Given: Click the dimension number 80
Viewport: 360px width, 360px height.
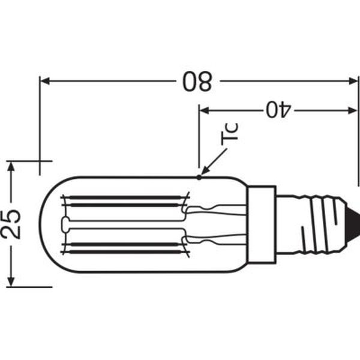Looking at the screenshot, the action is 197,82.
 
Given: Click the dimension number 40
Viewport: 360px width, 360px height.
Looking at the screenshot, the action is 278,110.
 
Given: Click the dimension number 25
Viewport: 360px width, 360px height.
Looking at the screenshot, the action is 11,224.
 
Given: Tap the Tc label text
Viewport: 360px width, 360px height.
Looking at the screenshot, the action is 229,134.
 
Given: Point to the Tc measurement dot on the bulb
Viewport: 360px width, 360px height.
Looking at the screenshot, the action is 199,177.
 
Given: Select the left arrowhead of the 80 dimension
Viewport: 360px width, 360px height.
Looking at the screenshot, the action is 45,81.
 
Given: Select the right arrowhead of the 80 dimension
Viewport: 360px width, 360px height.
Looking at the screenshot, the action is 353,81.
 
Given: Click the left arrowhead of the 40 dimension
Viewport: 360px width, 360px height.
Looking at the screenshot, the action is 205,110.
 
